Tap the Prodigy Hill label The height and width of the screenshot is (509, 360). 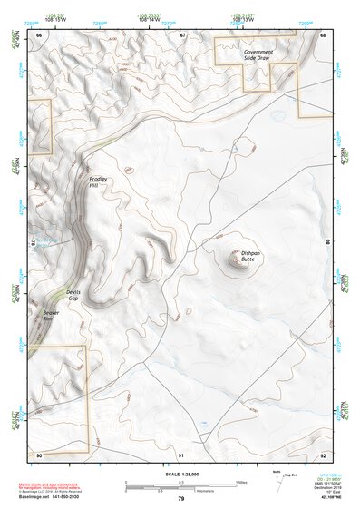(98, 182)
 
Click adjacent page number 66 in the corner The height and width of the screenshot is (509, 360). (39, 34)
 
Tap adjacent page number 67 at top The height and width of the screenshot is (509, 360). (181, 34)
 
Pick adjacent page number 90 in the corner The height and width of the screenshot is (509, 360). (39, 455)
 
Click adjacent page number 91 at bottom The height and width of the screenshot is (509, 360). (181, 455)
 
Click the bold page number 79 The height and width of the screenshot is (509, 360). (180, 499)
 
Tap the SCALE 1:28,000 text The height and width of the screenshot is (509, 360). (180, 475)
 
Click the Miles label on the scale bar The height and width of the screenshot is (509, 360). (239, 481)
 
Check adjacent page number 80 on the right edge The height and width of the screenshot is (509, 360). (327, 243)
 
